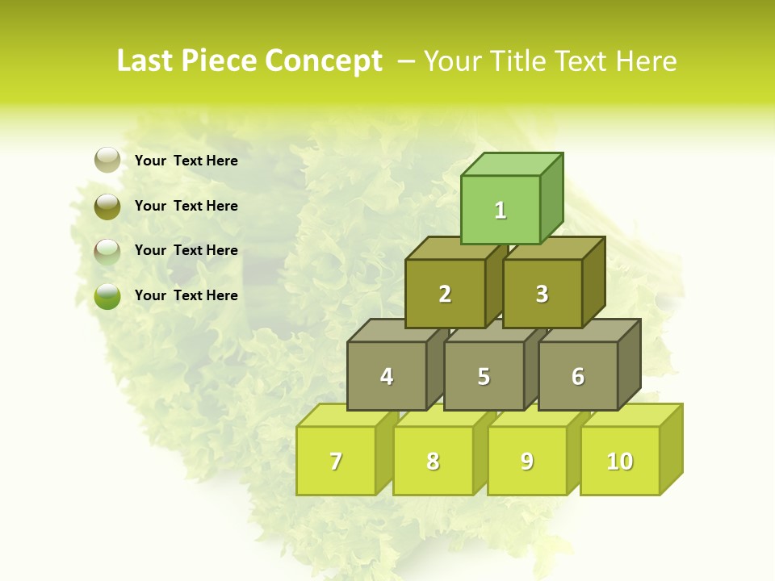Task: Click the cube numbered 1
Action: click(501, 210)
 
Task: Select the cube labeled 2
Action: click(445, 294)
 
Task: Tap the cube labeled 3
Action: click(542, 294)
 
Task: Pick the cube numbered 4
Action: click(387, 376)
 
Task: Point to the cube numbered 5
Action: click(484, 376)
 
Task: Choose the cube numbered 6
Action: click(578, 376)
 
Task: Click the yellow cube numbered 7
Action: click(336, 461)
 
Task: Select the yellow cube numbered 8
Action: click(433, 461)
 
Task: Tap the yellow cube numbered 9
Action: click(526, 461)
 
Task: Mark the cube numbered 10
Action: click(620, 461)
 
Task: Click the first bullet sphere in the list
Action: click(107, 161)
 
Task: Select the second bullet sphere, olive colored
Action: click(107, 206)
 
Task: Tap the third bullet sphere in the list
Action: click(107, 252)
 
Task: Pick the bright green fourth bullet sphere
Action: click(107, 296)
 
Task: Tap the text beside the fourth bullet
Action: click(186, 295)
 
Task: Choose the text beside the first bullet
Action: click(186, 161)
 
